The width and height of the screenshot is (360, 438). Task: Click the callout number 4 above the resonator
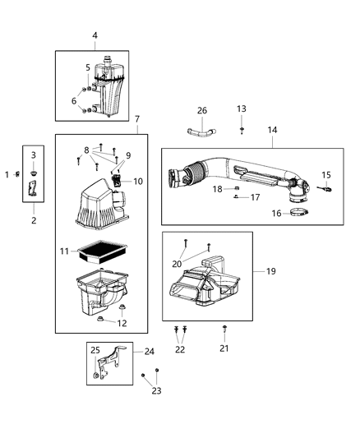[95, 35]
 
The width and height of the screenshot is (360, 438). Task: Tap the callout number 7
[137, 120]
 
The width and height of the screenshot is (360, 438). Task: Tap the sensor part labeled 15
[326, 188]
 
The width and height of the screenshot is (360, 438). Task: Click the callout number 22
[180, 350]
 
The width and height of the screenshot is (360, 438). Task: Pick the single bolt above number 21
[224, 330]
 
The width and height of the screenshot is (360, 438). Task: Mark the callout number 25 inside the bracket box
[95, 351]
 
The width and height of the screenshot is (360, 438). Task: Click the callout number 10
[138, 181]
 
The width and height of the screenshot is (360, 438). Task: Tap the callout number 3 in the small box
[33, 154]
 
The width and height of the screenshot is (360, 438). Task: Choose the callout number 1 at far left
[7, 174]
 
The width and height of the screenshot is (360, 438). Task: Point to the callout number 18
[218, 188]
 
